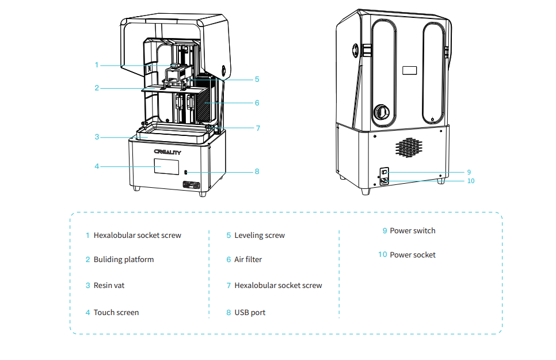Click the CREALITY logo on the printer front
(167, 153)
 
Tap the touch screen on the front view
(165, 167)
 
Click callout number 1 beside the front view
(97, 65)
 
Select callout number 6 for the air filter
(257, 103)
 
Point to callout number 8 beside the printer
(257, 172)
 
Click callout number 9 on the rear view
(469, 172)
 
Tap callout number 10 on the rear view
(471, 181)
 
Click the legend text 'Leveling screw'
(260, 236)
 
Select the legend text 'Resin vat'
(109, 285)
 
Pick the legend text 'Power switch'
(413, 231)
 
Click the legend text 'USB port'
(250, 313)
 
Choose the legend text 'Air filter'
(248, 260)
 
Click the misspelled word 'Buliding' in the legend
(108, 260)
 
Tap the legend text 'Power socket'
(413, 255)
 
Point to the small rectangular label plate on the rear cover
(409, 70)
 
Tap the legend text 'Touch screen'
(116, 313)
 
